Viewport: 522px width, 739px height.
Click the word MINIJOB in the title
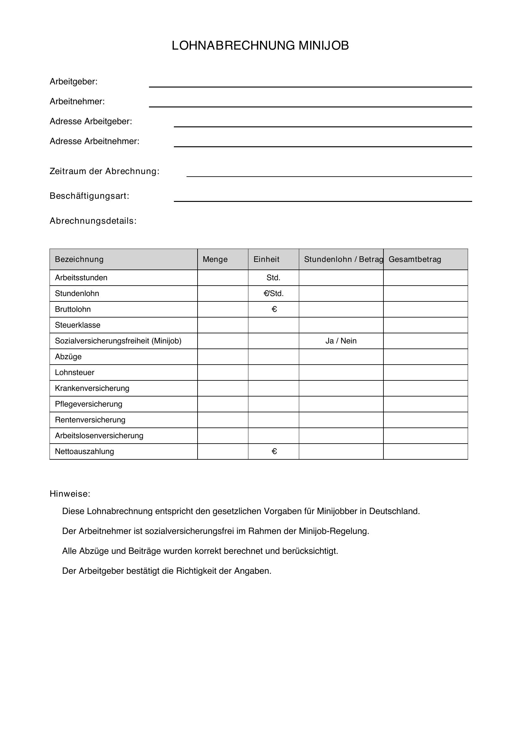click(323, 46)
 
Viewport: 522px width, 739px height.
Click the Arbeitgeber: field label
click(73, 82)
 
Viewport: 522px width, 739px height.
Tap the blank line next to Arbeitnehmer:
click(310, 104)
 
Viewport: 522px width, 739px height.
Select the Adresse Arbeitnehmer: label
click(94, 141)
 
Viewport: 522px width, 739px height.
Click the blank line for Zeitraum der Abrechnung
click(329, 173)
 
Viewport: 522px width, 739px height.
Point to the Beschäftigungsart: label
click(89, 196)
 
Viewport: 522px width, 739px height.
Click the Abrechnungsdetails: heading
click(93, 221)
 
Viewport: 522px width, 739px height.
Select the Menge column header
click(215, 259)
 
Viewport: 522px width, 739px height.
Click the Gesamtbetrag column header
click(415, 259)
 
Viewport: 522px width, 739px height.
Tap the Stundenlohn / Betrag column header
click(343, 259)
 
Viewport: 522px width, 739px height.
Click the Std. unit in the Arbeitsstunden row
click(273, 278)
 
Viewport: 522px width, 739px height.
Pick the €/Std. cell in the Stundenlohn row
click(273, 294)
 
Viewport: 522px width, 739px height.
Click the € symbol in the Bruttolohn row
click(274, 309)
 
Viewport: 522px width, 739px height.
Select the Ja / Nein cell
click(341, 341)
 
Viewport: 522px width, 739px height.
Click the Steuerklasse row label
click(77, 325)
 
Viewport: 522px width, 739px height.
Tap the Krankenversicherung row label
click(92, 388)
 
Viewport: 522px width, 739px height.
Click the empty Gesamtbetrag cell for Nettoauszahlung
click(425, 451)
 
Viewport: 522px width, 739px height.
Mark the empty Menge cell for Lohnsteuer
click(222, 373)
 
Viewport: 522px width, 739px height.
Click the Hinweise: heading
click(70, 494)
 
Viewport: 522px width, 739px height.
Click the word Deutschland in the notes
click(394, 511)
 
